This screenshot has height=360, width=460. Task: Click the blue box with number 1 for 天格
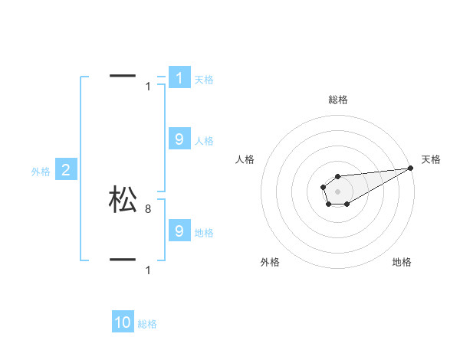(179, 78)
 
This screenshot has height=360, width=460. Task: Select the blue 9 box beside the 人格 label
(179, 139)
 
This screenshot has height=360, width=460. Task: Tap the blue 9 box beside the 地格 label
(179, 231)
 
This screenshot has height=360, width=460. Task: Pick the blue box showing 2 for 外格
(66, 170)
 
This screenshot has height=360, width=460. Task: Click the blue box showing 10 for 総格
(123, 322)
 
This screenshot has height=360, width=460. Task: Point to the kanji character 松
(123, 200)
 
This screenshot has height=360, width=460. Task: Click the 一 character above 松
(123, 76)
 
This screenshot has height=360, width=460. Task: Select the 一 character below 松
(123, 260)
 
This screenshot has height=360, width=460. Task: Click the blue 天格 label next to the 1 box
(204, 80)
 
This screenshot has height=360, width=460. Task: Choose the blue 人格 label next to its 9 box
(204, 141)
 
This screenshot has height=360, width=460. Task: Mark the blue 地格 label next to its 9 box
(204, 233)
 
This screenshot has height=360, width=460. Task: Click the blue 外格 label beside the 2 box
(41, 172)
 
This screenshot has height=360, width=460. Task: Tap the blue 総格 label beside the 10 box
(147, 324)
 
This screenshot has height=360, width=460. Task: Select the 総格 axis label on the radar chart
(338, 100)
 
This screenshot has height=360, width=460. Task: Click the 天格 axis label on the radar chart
(432, 159)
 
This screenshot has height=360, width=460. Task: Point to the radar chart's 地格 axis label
(402, 262)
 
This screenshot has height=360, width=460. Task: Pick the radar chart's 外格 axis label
(270, 262)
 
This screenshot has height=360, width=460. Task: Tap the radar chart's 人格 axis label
(245, 159)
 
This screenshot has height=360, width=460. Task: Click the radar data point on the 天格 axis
(410, 168)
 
